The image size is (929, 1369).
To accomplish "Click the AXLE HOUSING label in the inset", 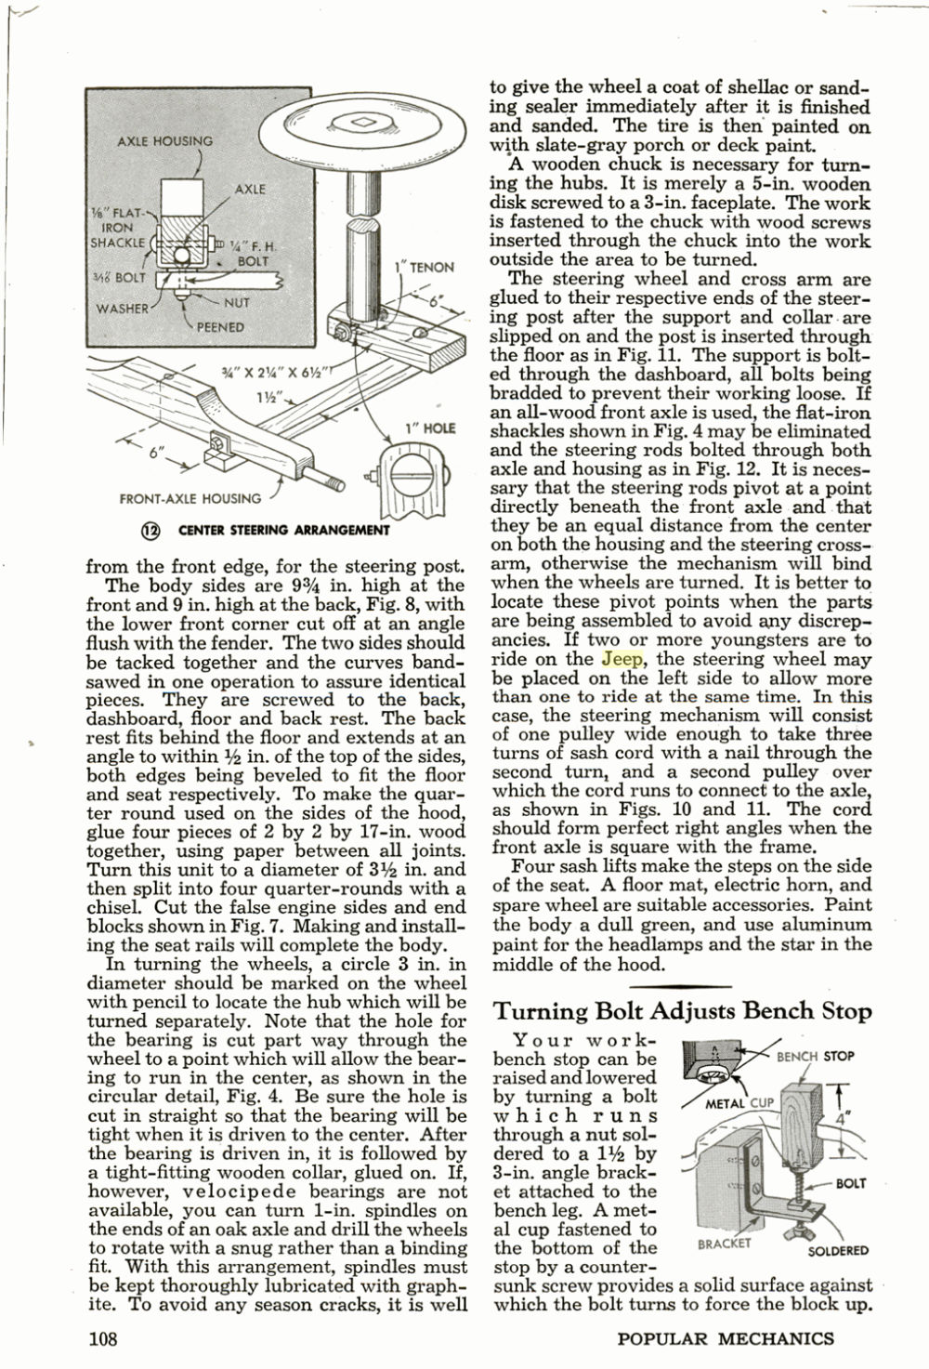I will tap(164, 141).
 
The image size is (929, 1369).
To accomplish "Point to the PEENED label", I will tap(220, 327).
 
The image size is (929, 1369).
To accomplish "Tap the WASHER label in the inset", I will tap(123, 309).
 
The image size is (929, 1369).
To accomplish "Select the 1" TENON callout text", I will tap(425, 268).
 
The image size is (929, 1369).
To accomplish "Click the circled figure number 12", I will tap(150, 530).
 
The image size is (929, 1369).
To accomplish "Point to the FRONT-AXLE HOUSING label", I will tap(190, 499).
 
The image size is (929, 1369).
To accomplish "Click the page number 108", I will tap(102, 1338).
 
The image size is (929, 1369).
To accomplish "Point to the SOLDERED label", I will tap(837, 1251).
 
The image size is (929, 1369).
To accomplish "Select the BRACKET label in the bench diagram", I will tap(724, 1243).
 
